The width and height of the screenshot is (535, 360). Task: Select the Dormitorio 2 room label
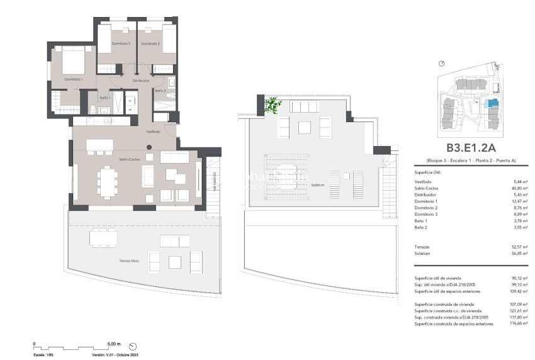(121, 43)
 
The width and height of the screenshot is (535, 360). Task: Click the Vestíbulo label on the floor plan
(153, 132)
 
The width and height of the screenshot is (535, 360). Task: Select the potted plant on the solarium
(273, 104)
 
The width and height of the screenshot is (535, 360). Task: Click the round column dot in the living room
(149, 148)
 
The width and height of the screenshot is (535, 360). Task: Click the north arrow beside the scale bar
(133, 346)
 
